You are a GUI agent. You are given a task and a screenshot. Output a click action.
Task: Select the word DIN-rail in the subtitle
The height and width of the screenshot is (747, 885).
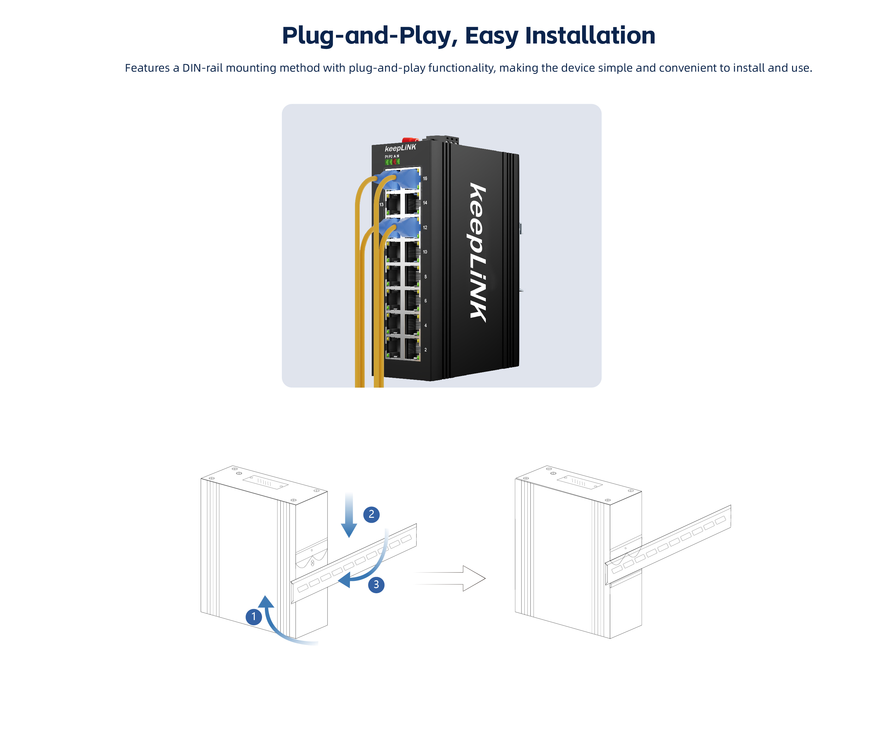(203, 68)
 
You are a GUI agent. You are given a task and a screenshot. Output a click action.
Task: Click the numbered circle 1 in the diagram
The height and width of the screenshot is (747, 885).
(253, 617)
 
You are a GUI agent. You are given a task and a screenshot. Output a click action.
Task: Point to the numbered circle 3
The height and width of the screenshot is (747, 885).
(376, 585)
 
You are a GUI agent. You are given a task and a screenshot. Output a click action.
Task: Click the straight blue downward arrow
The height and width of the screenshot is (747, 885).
(349, 515)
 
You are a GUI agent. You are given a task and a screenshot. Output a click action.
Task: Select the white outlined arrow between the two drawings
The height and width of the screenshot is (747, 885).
(450, 578)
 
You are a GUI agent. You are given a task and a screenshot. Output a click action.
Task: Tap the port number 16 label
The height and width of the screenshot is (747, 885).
(425, 179)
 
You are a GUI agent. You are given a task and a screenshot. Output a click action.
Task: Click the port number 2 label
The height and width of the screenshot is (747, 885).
(425, 350)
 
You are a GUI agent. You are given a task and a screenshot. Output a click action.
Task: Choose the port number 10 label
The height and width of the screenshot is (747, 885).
(425, 252)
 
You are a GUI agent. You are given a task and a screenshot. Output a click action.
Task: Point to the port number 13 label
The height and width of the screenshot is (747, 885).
(381, 205)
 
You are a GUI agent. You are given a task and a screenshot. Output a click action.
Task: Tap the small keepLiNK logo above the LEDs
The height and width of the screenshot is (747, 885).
(400, 148)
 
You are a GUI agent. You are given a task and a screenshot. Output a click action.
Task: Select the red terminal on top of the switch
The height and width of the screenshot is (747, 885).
(410, 140)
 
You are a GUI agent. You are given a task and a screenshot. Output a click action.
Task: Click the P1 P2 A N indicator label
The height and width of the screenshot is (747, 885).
(392, 157)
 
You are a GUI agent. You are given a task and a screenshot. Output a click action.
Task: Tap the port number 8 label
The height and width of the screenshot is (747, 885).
(425, 277)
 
